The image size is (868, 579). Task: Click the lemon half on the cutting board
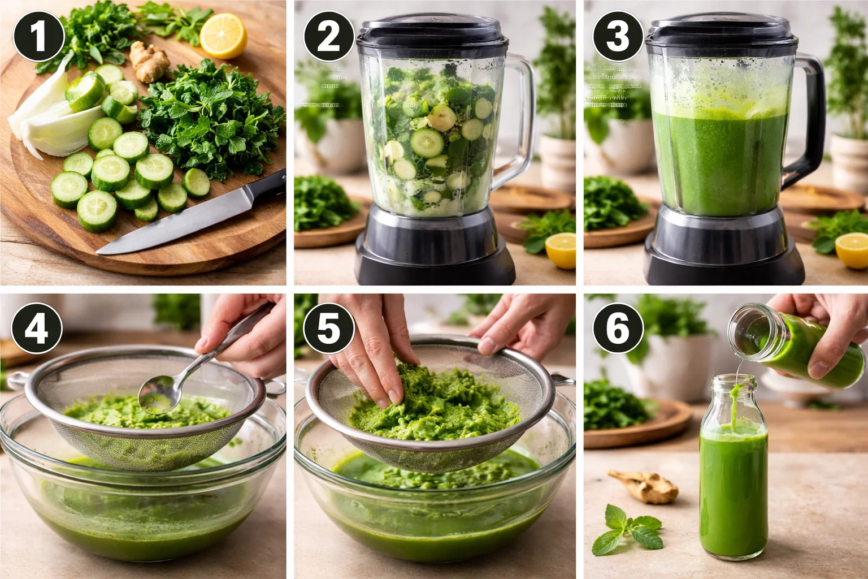pos(224,36)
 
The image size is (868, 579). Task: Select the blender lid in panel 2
pos(432,31)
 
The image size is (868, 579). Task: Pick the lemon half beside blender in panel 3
pos(852,249)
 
